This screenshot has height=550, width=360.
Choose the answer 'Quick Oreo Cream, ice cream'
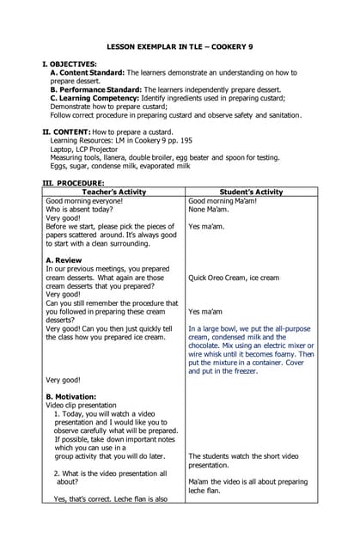pos(233,278)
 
